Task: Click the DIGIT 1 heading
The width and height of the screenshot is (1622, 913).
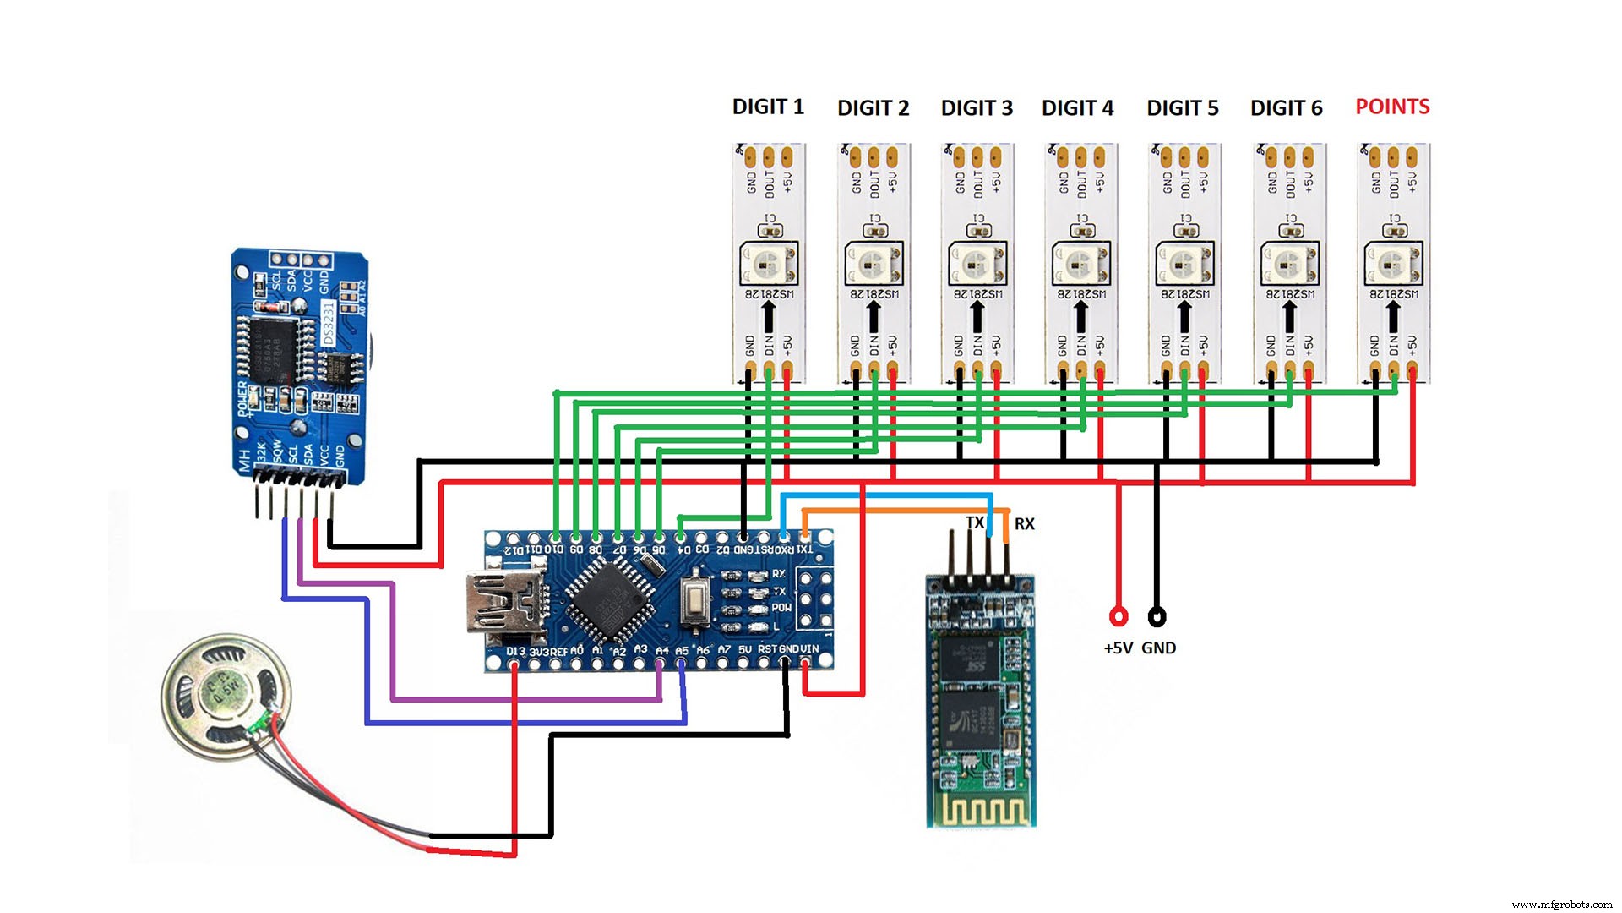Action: point(767,107)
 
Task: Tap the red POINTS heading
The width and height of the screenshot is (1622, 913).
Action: point(1392,107)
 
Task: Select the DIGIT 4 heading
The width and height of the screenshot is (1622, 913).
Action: point(1077,108)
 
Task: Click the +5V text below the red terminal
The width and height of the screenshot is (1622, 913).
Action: point(1118,648)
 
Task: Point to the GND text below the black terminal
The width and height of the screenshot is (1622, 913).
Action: point(1158,648)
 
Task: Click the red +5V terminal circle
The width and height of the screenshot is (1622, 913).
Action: point(1119,616)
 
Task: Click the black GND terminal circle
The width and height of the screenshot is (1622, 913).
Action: point(1157,616)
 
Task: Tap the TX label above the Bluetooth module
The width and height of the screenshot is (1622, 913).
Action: point(975,523)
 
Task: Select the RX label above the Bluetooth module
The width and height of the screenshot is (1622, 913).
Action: point(1024,524)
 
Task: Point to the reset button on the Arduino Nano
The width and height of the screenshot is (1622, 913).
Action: point(694,601)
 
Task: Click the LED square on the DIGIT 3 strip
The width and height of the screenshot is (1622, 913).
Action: point(977,264)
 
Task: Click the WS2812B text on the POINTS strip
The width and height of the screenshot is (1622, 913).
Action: point(1394,293)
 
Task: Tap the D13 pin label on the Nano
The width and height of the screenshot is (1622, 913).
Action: point(515,652)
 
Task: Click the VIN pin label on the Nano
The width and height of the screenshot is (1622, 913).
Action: point(809,649)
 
